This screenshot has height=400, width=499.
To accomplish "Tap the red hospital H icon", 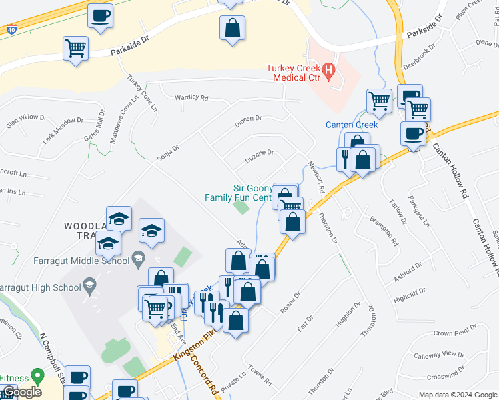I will [x=328, y=69].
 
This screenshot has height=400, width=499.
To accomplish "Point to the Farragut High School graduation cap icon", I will [x=88, y=287].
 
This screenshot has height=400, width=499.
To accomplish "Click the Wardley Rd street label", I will [x=191, y=97].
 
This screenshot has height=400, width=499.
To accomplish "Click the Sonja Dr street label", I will [x=168, y=153].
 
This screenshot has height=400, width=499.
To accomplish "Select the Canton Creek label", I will [x=352, y=125].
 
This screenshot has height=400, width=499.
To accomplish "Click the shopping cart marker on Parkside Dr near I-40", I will [x=76, y=48].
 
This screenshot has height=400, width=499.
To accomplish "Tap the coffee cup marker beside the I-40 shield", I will [x=100, y=15].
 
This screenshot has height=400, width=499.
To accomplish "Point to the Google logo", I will [x=22, y=392].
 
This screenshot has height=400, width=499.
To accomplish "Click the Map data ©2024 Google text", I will [x=458, y=395].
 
